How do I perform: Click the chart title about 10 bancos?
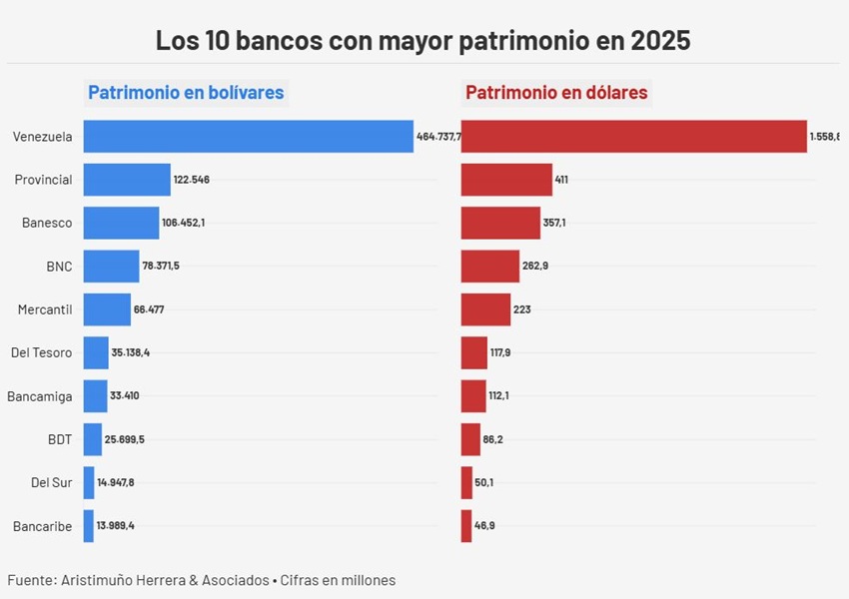(424, 42)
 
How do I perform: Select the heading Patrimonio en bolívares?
(186, 93)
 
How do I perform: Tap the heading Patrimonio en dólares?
(556, 93)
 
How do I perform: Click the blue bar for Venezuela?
(248, 137)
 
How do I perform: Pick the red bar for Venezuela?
(633, 137)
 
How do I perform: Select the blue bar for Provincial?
(127, 180)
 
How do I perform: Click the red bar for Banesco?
(500, 223)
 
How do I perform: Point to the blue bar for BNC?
(111, 267)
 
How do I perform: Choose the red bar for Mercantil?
(485, 309)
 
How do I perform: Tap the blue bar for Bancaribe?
(89, 526)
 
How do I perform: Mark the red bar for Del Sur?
(466, 483)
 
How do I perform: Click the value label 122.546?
(191, 180)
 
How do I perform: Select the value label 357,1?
(554, 223)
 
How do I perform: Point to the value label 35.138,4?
(130, 353)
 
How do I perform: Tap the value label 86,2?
(492, 439)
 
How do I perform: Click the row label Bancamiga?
(39, 396)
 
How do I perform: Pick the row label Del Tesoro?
(41, 352)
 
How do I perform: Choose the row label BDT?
(59, 439)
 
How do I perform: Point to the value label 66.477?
(149, 309)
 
